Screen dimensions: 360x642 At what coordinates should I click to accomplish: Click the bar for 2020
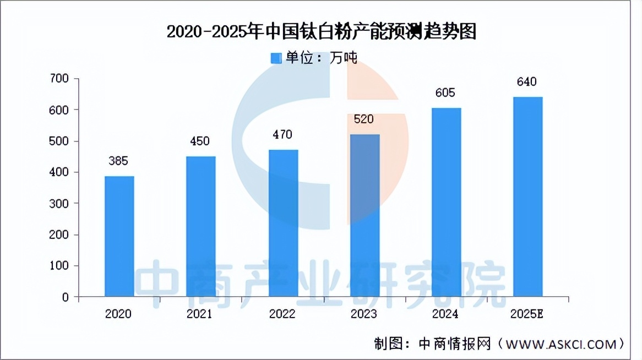coord(119,237)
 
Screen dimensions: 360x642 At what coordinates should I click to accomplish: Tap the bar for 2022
coord(283,223)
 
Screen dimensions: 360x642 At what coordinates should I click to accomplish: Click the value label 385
coord(118,161)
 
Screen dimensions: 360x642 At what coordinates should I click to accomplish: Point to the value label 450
coord(200,141)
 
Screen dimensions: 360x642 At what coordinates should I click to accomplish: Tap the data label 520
coord(363,119)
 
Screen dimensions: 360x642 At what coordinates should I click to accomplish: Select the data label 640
coord(527,83)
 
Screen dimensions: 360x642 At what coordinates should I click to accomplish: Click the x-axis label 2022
coord(282,314)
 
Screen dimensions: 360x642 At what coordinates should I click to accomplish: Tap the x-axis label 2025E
coord(528,314)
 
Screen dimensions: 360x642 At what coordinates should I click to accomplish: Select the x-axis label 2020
coord(118,314)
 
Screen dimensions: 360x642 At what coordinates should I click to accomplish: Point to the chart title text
coord(321,32)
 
